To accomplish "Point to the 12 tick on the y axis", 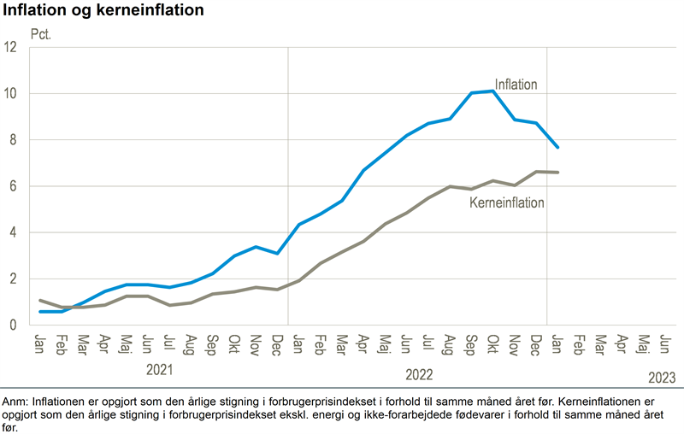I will [x=11, y=47].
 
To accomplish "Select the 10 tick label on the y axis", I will [x=11, y=93].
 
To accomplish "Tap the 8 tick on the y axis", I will [x=11, y=140].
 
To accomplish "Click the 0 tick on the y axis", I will [x=11, y=325].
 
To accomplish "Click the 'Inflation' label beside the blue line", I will [x=516, y=85].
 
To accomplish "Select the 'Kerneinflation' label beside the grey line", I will [x=508, y=203].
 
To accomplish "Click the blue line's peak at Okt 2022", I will [x=493, y=91].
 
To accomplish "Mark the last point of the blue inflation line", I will [x=557, y=147].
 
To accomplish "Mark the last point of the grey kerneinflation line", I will [x=557, y=173].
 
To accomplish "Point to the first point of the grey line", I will [x=40, y=300].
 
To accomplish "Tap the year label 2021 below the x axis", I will [x=160, y=371].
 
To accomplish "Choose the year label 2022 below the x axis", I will [x=419, y=374].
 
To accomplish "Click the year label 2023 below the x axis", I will [x=662, y=377].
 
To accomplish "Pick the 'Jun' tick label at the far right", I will [x=665, y=344].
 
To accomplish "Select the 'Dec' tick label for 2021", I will [x=277, y=344].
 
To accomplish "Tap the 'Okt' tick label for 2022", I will [x=492, y=344].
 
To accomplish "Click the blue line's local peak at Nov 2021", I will [x=255, y=247].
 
